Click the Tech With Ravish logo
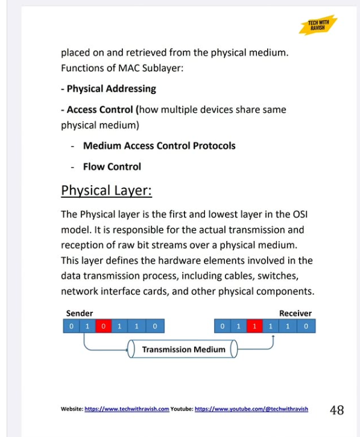pyautogui.click(x=317, y=25)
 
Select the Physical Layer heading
pyautogui.click(x=106, y=191)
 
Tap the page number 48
pyautogui.click(x=336, y=410)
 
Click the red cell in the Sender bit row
pyautogui.click(x=104, y=327)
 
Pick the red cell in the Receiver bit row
pyautogui.click(x=256, y=327)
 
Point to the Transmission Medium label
pyautogui.click(x=183, y=349)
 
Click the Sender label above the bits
pyautogui.click(x=80, y=313)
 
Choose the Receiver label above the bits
pyautogui.click(x=295, y=313)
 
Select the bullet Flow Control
pyautogui.click(x=112, y=166)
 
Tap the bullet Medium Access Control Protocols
pyautogui.click(x=159, y=146)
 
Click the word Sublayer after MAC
pyautogui.click(x=163, y=68)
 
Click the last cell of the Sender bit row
pyautogui.click(x=155, y=327)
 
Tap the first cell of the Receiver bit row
pyautogui.click(x=223, y=327)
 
